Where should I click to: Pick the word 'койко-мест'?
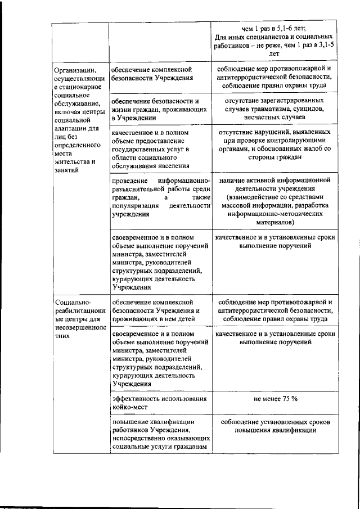point(131,407)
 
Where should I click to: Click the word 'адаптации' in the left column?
point(71,129)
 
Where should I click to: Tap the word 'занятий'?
point(67,170)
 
